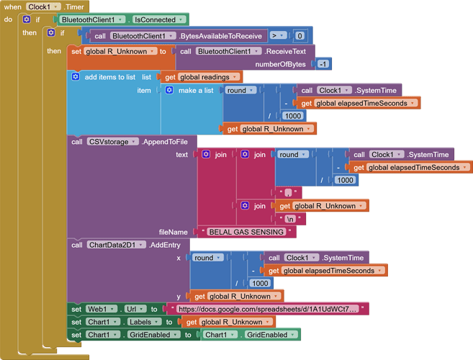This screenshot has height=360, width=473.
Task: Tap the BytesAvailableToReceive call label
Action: (221, 35)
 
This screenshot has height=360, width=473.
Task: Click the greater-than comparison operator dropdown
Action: (277, 35)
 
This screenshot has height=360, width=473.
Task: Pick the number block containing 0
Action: (299, 35)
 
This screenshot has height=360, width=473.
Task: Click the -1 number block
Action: (323, 64)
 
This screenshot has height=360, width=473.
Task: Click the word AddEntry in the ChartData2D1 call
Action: (166, 245)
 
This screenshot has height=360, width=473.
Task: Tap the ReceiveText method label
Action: (289, 51)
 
